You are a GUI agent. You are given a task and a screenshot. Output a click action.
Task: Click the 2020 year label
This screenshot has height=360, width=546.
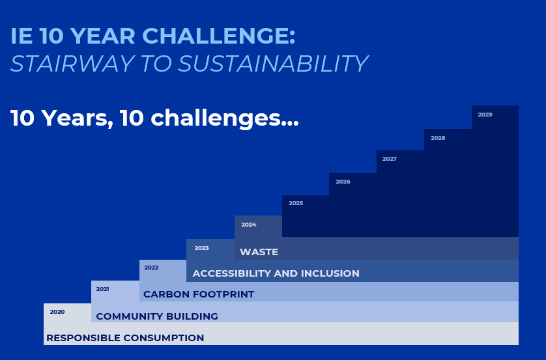tap(57, 312)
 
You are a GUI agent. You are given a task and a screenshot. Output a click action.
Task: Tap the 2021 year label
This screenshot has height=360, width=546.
tap(102, 289)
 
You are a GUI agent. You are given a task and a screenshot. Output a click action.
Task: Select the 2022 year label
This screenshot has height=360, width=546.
tap(151, 268)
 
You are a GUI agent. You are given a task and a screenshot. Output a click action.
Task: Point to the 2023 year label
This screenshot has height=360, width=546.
tap(201, 248)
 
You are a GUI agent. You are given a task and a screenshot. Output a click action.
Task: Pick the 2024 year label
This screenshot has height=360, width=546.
tap(249, 225)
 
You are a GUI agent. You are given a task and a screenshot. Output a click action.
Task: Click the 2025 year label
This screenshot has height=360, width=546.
tap(296, 203)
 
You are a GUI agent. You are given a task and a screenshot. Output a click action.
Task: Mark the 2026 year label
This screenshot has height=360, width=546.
tap(343, 182)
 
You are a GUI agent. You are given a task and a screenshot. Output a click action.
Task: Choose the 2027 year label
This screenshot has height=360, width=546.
tap(390, 159)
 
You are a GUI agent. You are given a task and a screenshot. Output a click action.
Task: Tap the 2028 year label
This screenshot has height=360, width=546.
tap(438, 138)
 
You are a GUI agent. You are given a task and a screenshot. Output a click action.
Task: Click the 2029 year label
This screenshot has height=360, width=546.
tap(485, 115)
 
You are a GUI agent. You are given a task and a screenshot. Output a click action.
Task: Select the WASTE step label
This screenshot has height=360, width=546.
tap(259, 252)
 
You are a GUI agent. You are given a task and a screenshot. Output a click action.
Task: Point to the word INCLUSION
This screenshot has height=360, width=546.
tap(330, 273)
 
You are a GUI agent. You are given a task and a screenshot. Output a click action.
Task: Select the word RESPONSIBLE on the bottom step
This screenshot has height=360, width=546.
tap(83, 338)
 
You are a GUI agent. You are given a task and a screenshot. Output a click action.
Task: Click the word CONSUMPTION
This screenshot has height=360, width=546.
tap(164, 338)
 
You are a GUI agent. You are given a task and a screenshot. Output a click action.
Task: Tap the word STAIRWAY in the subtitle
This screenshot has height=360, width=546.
tap(72, 64)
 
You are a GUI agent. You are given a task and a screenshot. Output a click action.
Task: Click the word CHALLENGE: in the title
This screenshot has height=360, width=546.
tap(219, 36)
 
